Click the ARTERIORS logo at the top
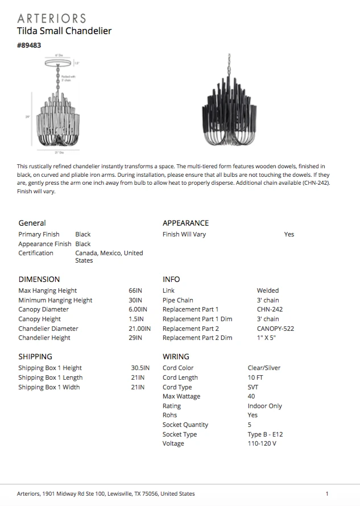coord(52,18)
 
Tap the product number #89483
coord(29,45)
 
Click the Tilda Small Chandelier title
coord(64,31)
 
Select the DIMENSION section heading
coord(39,279)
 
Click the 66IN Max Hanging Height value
coord(135,291)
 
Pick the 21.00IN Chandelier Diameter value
coord(139,329)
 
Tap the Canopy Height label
coord(39,319)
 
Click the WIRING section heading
coord(176,356)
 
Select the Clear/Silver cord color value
coord(264,368)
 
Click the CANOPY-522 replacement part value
coord(275,329)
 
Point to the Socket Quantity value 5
coord(250,425)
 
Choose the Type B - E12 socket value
coord(265,434)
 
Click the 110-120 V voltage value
coord(262,443)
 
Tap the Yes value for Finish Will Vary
coord(289,234)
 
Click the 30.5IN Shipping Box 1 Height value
coord(140,368)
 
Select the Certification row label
coord(36,253)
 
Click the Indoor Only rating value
coord(264,406)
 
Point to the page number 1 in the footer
coord(327,493)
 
